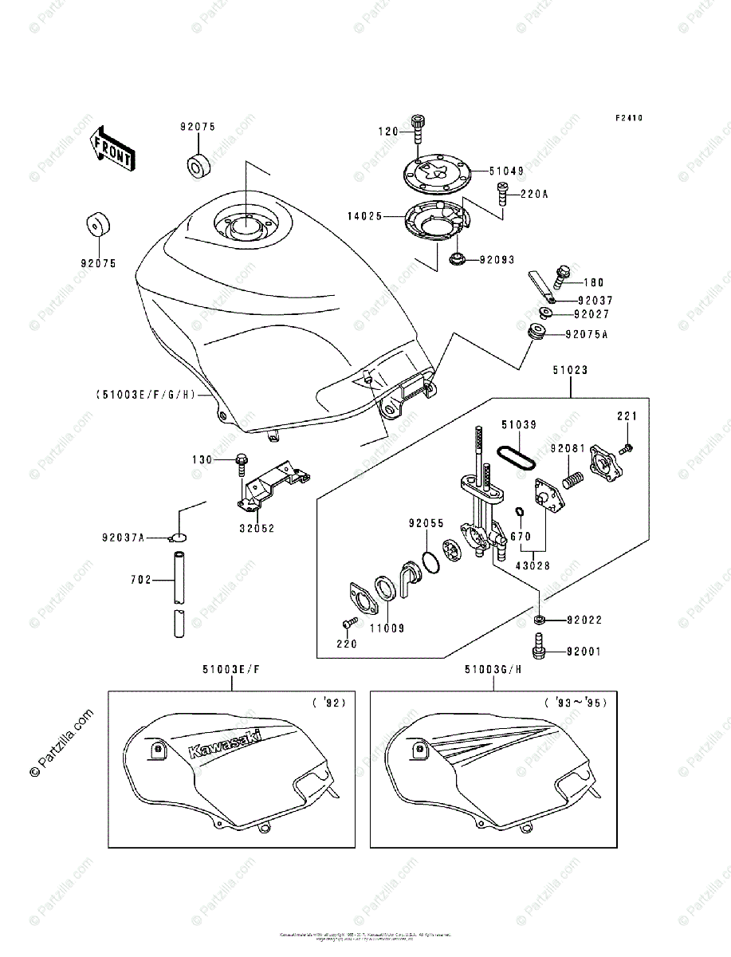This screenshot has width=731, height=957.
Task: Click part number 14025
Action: pyautogui.click(x=364, y=216)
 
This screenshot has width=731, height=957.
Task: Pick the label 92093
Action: pyautogui.click(x=497, y=260)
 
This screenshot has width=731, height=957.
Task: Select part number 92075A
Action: pyautogui.click(x=587, y=335)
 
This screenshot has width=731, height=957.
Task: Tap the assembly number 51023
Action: pyautogui.click(x=570, y=369)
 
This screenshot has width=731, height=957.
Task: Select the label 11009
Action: pyautogui.click(x=386, y=628)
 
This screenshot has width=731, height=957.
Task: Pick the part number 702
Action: pyautogui.click(x=140, y=581)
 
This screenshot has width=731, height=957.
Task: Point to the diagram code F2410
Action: pyautogui.click(x=628, y=118)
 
